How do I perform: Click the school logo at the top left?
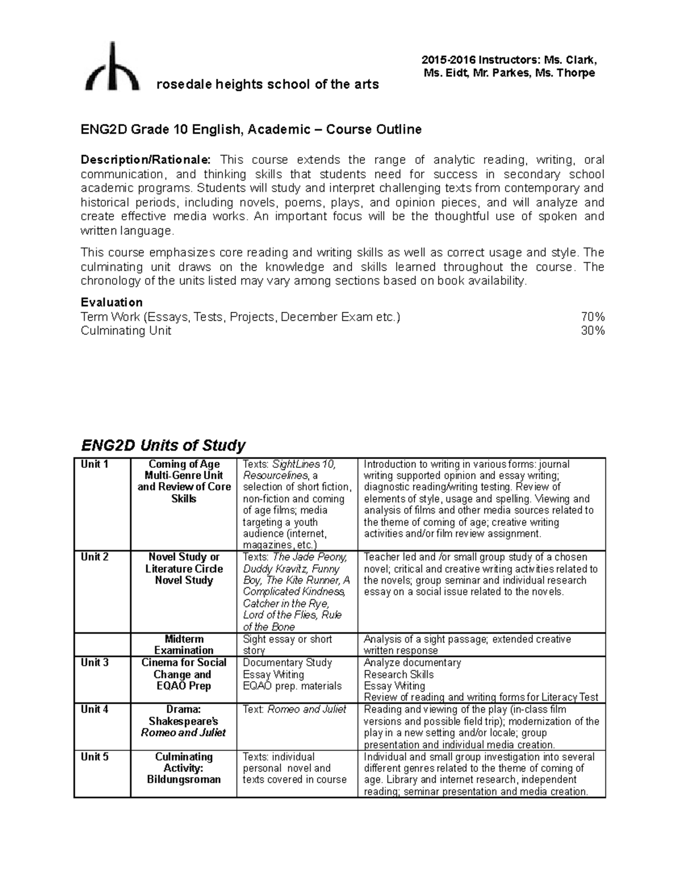[x=112, y=67]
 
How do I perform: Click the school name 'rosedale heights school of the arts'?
[x=268, y=85]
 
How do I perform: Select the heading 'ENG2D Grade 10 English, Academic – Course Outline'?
[x=251, y=130]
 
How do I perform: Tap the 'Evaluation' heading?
[x=111, y=302]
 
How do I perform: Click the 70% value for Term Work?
[x=592, y=317]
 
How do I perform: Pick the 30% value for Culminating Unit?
[x=592, y=331]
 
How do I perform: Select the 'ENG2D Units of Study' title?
[x=163, y=445]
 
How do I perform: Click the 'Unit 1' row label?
[x=94, y=464]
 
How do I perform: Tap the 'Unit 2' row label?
[x=94, y=557]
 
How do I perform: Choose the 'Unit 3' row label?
[x=94, y=663]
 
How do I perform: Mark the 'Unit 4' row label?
[x=94, y=709]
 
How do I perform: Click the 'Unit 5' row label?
[x=94, y=757]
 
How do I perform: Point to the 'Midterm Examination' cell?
[x=184, y=645]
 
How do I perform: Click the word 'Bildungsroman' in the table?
[x=184, y=780]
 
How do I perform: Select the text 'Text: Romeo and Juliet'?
[x=294, y=709]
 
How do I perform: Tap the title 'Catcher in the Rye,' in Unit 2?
[x=286, y=604]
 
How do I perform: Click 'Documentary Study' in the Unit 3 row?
[x=287, y=663]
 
